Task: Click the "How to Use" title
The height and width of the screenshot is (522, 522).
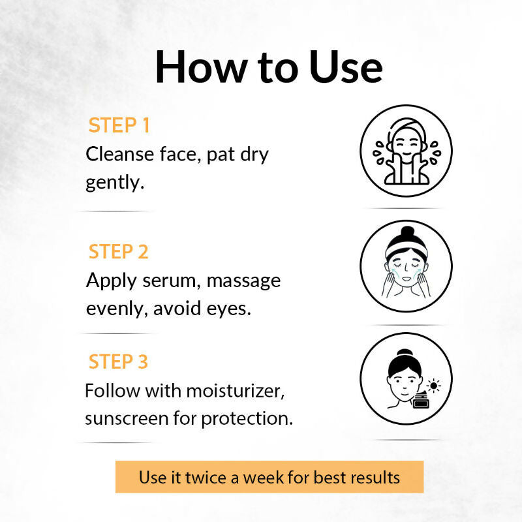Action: [x=269, y=67]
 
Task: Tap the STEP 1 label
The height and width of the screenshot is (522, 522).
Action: [x=119, y=125]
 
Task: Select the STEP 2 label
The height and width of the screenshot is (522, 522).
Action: [x=119, y=251]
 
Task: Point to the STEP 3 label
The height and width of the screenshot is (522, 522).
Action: [x=118, y=361]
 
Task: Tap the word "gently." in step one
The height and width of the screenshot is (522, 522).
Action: [x=115, y=183]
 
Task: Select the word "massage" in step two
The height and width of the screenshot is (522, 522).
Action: [x=243, y=282]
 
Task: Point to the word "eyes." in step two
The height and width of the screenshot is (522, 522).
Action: [x=229, y=309]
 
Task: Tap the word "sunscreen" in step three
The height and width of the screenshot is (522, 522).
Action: [x=127, y=418]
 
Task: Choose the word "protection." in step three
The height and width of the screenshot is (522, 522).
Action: [x=247, y=418]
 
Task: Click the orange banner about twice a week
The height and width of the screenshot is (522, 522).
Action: [x=269, y=477]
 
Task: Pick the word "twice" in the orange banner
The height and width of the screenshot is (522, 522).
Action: [x=206, y=478]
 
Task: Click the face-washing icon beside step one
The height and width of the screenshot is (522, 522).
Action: [x=406, y=151]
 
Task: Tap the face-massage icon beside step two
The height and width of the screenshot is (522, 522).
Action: [x=406, y=266]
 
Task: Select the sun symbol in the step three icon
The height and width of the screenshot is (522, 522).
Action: [x=433, y=386]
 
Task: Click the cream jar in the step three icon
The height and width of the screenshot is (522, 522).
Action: [x=421, y=401]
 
